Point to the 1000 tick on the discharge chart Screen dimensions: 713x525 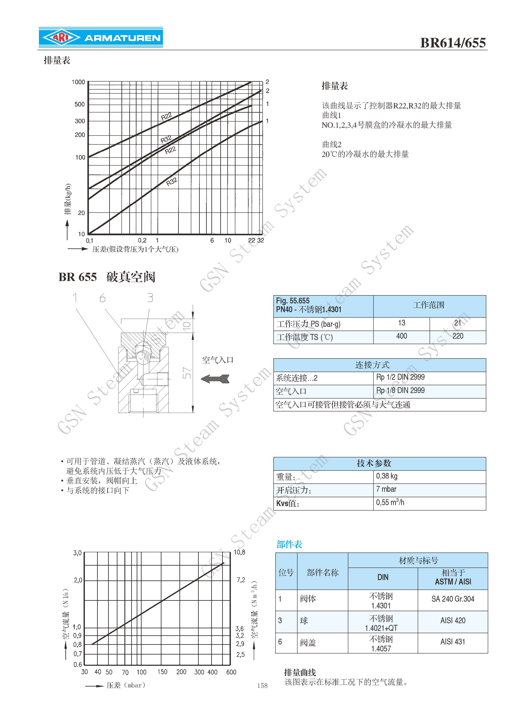pyautogui.click(x=78, y=82)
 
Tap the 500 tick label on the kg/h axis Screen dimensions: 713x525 pyautogui.click(x=79, y=104)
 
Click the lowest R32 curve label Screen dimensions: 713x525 pyautogui.click(x=172, y=182)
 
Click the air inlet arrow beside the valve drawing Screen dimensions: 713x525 pyautogui.click(x=215, y=378)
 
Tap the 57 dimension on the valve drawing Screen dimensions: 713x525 pyautogui.click(x=187, y=373)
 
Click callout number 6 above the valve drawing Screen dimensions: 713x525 pyautogui.click(x=102, y=298)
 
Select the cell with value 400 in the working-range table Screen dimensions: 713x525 pyautogui.click(x=401, y=336)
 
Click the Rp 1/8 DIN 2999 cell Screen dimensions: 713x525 pyautogui.click(x=400, y=390)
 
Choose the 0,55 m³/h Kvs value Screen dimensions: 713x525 pyautogui.click(x=390, y=503)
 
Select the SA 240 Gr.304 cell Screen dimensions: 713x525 pyautogui.click(x=453, y=599)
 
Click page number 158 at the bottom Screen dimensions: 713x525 pyautogui.click(x=262, y=686)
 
